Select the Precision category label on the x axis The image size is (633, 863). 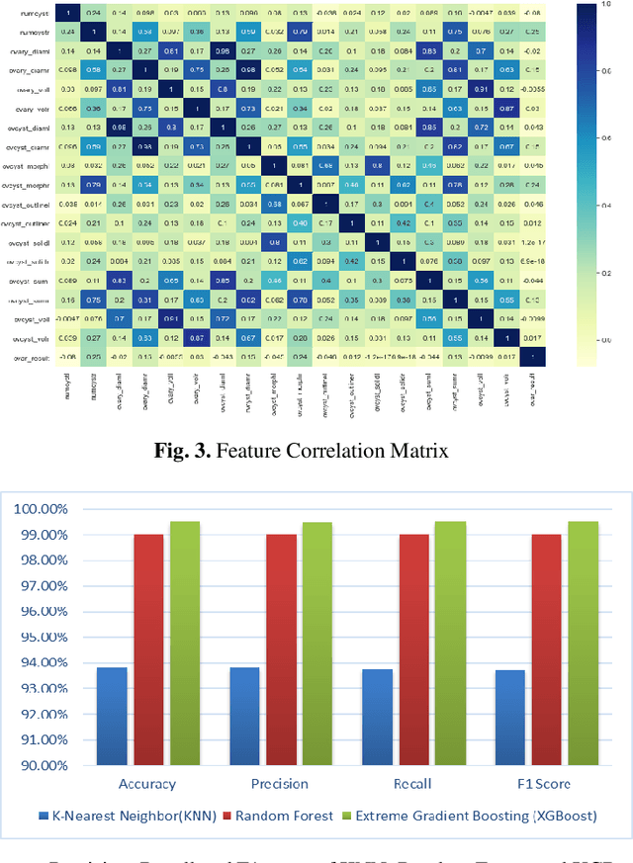click(x=279, y=784)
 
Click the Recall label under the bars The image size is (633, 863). click(x=414, y=784)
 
